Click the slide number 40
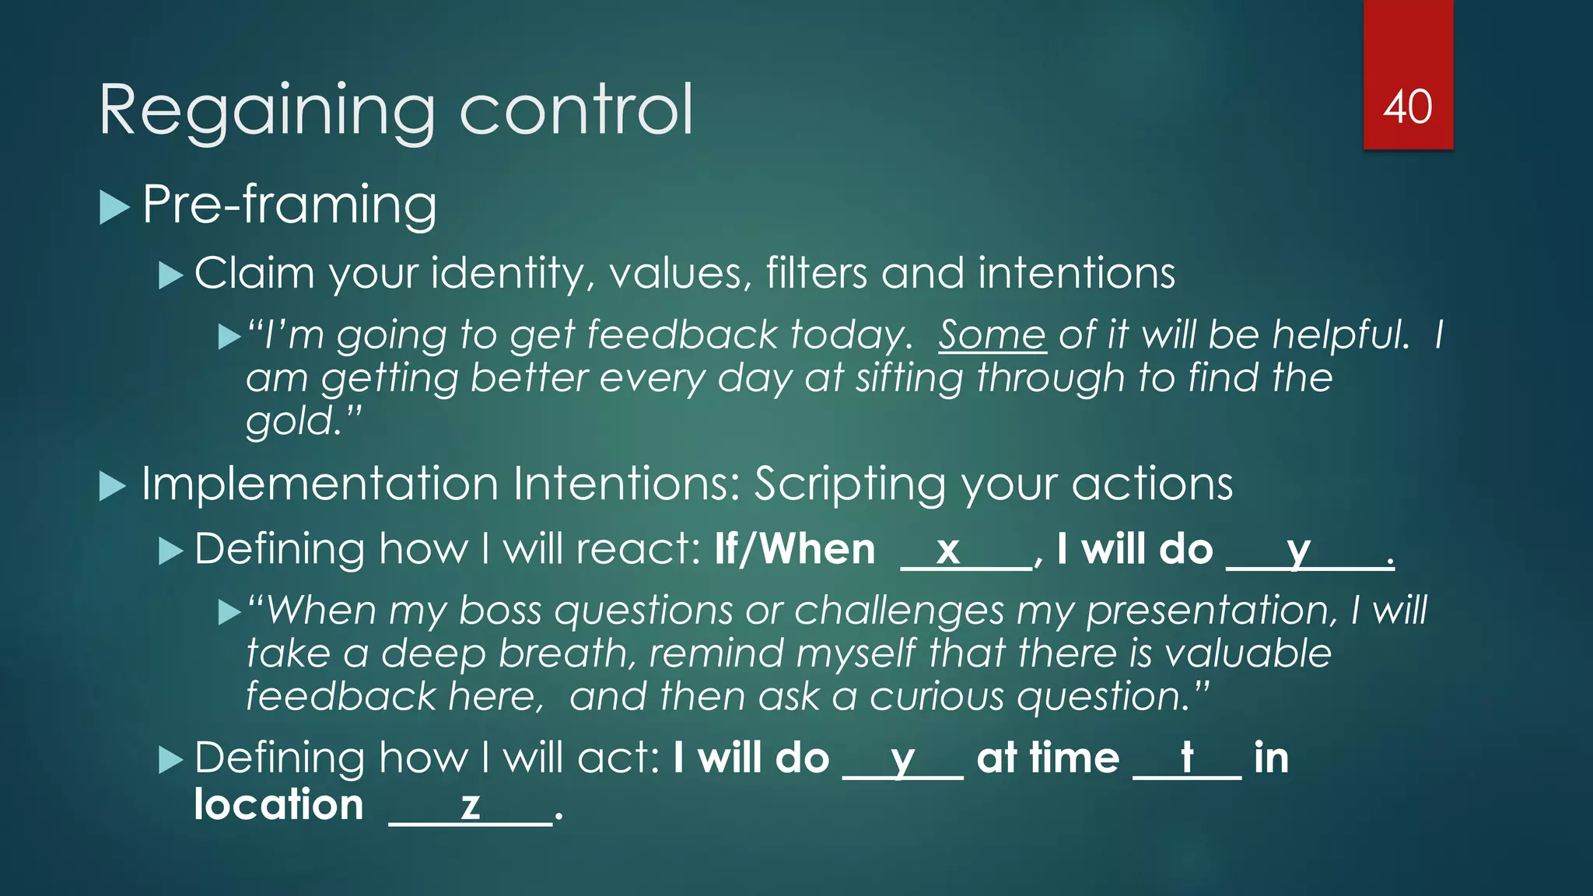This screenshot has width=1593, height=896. (1407, 107)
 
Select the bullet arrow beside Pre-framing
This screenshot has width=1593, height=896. (114, 208)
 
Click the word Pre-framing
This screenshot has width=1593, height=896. (289, 205)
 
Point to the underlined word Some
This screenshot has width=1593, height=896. (992, 335)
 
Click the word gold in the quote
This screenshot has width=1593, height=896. (289, 421)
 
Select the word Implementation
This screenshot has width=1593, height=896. (320, 484)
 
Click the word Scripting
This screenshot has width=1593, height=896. (850, 485)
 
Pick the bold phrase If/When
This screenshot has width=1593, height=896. (795, 549)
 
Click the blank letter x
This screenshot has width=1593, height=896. (947, 550)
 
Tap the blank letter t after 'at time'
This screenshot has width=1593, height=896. (1187, 757)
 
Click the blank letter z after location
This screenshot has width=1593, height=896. (470, 805)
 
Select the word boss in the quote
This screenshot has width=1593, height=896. (500, 610)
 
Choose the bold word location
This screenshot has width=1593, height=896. (278, 804)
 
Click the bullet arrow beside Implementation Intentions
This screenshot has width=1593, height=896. (114, 487)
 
